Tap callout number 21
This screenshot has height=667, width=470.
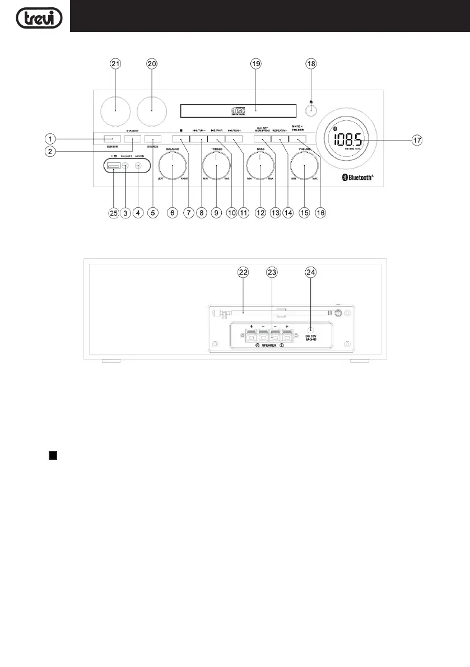click(115, 64)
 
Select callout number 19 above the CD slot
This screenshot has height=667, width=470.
click(256, 64)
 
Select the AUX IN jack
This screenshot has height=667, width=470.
click(138, 166)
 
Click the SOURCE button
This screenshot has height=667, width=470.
click(152, 139)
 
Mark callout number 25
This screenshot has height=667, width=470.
click(113, 213)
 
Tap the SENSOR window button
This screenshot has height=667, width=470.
click(111, 139)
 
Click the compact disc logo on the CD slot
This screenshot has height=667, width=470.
click(236, 110)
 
